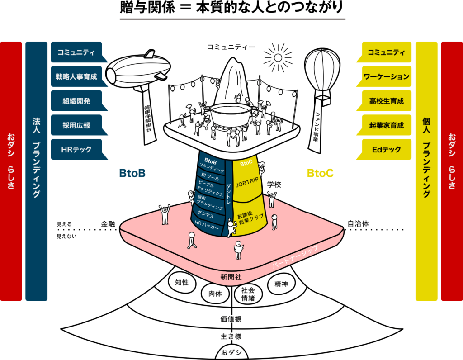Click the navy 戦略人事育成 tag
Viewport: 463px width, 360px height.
pos(77,76)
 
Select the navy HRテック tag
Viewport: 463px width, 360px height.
pos(77,149)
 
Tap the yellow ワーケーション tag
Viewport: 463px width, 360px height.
pos(385,76)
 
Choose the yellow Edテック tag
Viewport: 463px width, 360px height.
pos(385,149)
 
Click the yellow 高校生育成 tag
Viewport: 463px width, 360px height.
pos(385,101)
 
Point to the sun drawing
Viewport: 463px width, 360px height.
pos(278,57)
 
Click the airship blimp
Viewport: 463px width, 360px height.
pos(138,71)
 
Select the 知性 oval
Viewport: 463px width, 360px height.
pos(182,282)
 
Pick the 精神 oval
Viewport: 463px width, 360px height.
pos(281,284)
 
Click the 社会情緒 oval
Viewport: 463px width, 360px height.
pos(248,294)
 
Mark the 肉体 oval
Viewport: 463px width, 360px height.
pos(215,294)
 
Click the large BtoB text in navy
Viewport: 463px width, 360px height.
pos(132,173)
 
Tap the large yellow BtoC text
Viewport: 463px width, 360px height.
pos(321,173)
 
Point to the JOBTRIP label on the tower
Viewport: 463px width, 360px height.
pos(247,182)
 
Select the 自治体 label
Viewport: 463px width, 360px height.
pos(358,223)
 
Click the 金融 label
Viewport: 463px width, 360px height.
pos(108,224)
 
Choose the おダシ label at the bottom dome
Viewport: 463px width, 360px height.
pos(231,352)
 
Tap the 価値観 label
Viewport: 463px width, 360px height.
pos(231,319)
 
